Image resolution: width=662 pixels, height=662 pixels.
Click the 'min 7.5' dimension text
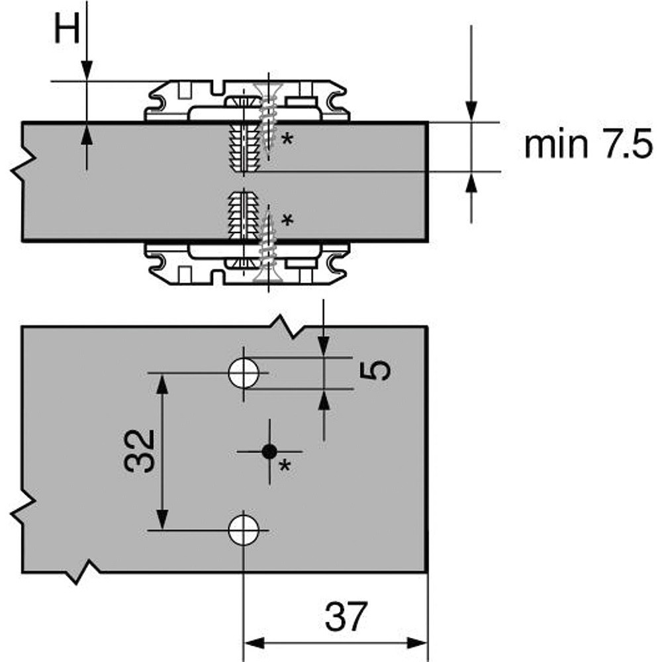point(589,144)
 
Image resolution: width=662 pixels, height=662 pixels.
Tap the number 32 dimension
point(140,451)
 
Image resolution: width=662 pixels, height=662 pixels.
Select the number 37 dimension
point(346,617)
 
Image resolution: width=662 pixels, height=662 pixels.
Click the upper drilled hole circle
point(244,373)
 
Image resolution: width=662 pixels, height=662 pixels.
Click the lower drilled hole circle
point(244,530)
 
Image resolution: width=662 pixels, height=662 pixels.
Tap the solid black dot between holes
point(269,451)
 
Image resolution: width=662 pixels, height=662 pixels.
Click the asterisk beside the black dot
point(285,467)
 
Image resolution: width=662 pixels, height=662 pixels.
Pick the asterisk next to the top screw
point(287,139)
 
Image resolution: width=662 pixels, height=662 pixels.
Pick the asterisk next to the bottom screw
point(287,220)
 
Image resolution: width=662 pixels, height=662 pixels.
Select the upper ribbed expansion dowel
point(244,147)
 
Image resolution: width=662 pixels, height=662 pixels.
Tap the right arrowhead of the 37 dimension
point(418,643)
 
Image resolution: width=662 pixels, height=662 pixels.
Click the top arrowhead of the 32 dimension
point(163,384)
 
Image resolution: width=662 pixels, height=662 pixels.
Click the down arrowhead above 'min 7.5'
point(471,111)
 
